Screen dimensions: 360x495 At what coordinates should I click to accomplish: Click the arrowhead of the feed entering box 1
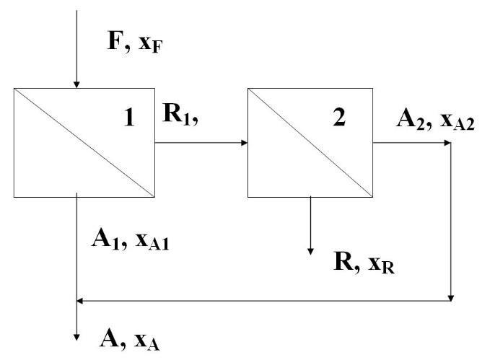76,84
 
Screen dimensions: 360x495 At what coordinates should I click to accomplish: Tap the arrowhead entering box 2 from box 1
244,142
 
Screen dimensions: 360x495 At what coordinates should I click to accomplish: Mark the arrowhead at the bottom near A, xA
76,335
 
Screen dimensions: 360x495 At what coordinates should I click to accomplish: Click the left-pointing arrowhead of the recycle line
80,299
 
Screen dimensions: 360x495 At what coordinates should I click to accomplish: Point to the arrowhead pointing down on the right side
451,296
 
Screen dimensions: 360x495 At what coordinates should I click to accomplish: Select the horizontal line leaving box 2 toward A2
408,142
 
